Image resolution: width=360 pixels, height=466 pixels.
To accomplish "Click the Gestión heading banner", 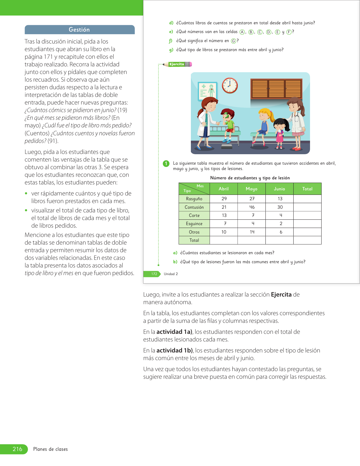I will [x=79, y=30].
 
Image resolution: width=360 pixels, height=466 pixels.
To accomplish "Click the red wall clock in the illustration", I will [x=230, y=86].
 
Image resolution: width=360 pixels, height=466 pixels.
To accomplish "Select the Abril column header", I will [x=224, y=189].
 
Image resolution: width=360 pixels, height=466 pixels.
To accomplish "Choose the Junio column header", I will [x=280, y=189].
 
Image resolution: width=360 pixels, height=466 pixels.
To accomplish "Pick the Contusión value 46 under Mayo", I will [x=252, y=207].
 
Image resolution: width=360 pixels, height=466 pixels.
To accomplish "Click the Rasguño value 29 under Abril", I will [x=224, y=199].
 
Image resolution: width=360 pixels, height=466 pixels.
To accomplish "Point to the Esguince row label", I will [x=194, y=224].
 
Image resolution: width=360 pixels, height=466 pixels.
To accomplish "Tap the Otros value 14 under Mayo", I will [x=252, y=232].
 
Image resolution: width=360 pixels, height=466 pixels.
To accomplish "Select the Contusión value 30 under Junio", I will [x=280, y=207].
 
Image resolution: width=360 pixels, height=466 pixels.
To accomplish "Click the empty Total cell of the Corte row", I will [x=307, y=215].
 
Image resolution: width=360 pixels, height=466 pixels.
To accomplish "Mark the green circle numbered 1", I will [x=166, y=164].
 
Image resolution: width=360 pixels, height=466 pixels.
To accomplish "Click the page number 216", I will [x=17, y=449].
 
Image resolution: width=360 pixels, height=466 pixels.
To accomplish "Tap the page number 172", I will [x=154, y=274].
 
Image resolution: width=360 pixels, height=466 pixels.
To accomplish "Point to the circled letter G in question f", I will [x=234, y=41].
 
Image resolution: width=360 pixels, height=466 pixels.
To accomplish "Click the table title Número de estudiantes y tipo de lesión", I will [x=250, y=178].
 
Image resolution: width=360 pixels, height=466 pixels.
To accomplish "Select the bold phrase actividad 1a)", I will [x=174, y=332].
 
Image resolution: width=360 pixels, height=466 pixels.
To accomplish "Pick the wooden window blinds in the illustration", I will [x=276, y=89].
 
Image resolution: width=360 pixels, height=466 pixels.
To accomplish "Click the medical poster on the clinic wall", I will [x=208, y=91].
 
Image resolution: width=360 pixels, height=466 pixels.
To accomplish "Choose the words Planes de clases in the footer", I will [x=51, y=449].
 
